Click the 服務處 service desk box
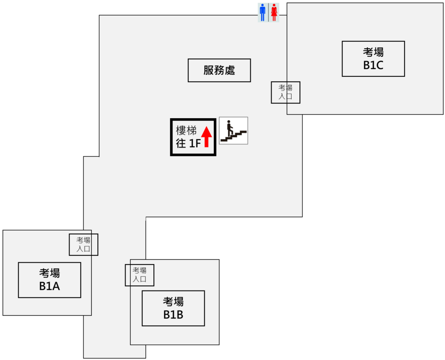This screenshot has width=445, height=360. point(219,70)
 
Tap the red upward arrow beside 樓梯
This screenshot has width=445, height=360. point(207,136)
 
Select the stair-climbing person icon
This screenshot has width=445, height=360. point(233,130)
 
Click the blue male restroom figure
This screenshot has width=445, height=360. point(262,13)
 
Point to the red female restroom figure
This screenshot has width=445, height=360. point(274,13)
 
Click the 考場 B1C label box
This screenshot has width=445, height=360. point(373,59)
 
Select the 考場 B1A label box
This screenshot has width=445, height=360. point(50,280)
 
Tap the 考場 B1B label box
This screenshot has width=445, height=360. point(173,308)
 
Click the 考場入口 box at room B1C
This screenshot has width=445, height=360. point(286,92)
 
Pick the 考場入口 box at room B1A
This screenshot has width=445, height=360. point(83,244)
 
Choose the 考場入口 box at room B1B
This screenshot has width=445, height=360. point(139,275)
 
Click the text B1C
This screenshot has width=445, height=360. point(373,66)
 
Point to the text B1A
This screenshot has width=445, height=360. point(50,287)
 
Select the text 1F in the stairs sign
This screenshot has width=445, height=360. point(194,143)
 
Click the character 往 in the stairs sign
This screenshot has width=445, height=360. point(181,143)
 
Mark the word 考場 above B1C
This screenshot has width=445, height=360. point(373,52)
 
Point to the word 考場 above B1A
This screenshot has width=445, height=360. point(50,273)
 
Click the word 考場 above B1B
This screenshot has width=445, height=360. point(173,301)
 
